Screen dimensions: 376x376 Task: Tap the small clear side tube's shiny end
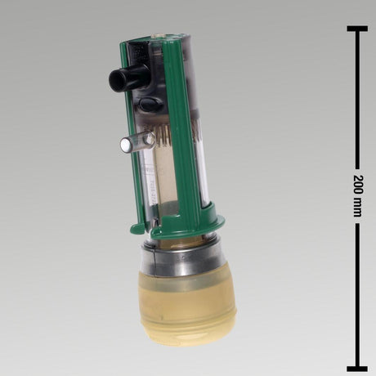[x=125, y=145]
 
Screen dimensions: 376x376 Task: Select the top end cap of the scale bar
[x=356, y=29]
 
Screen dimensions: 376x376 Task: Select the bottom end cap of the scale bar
[x=356, y=369]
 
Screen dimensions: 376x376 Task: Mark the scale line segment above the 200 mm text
[x=356, y=98]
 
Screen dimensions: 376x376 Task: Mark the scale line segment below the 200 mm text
[x=356, y=294]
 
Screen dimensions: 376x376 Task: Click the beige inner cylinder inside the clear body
[x=163, y=180]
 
